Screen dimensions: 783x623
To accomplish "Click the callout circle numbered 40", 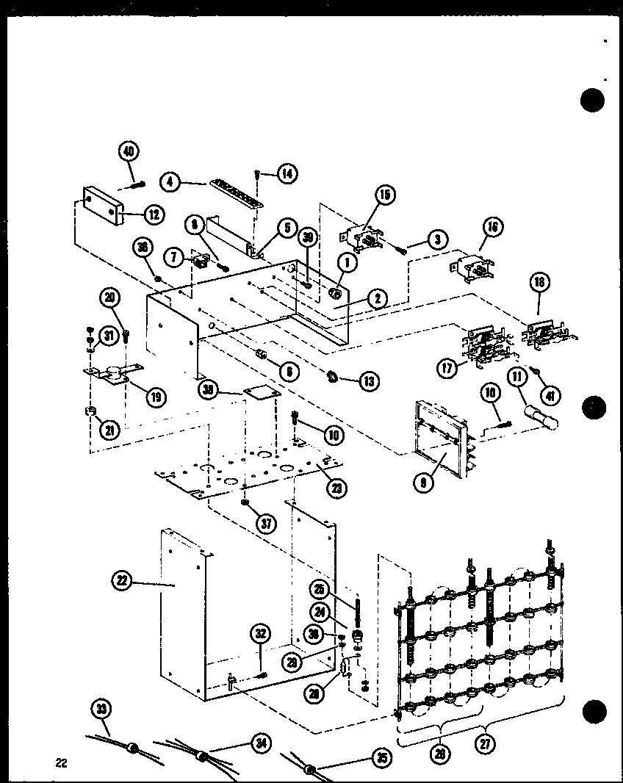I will (x=128, y=153).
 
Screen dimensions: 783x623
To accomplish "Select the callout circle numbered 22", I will (x=121, y=580).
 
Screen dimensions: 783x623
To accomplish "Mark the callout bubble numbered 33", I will (x=101, y=710).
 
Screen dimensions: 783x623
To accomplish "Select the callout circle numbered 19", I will (x=155, y=397).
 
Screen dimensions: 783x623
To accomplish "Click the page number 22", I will (x=60, y=763).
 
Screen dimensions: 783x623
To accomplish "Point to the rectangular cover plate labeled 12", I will (x=97, y=208).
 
